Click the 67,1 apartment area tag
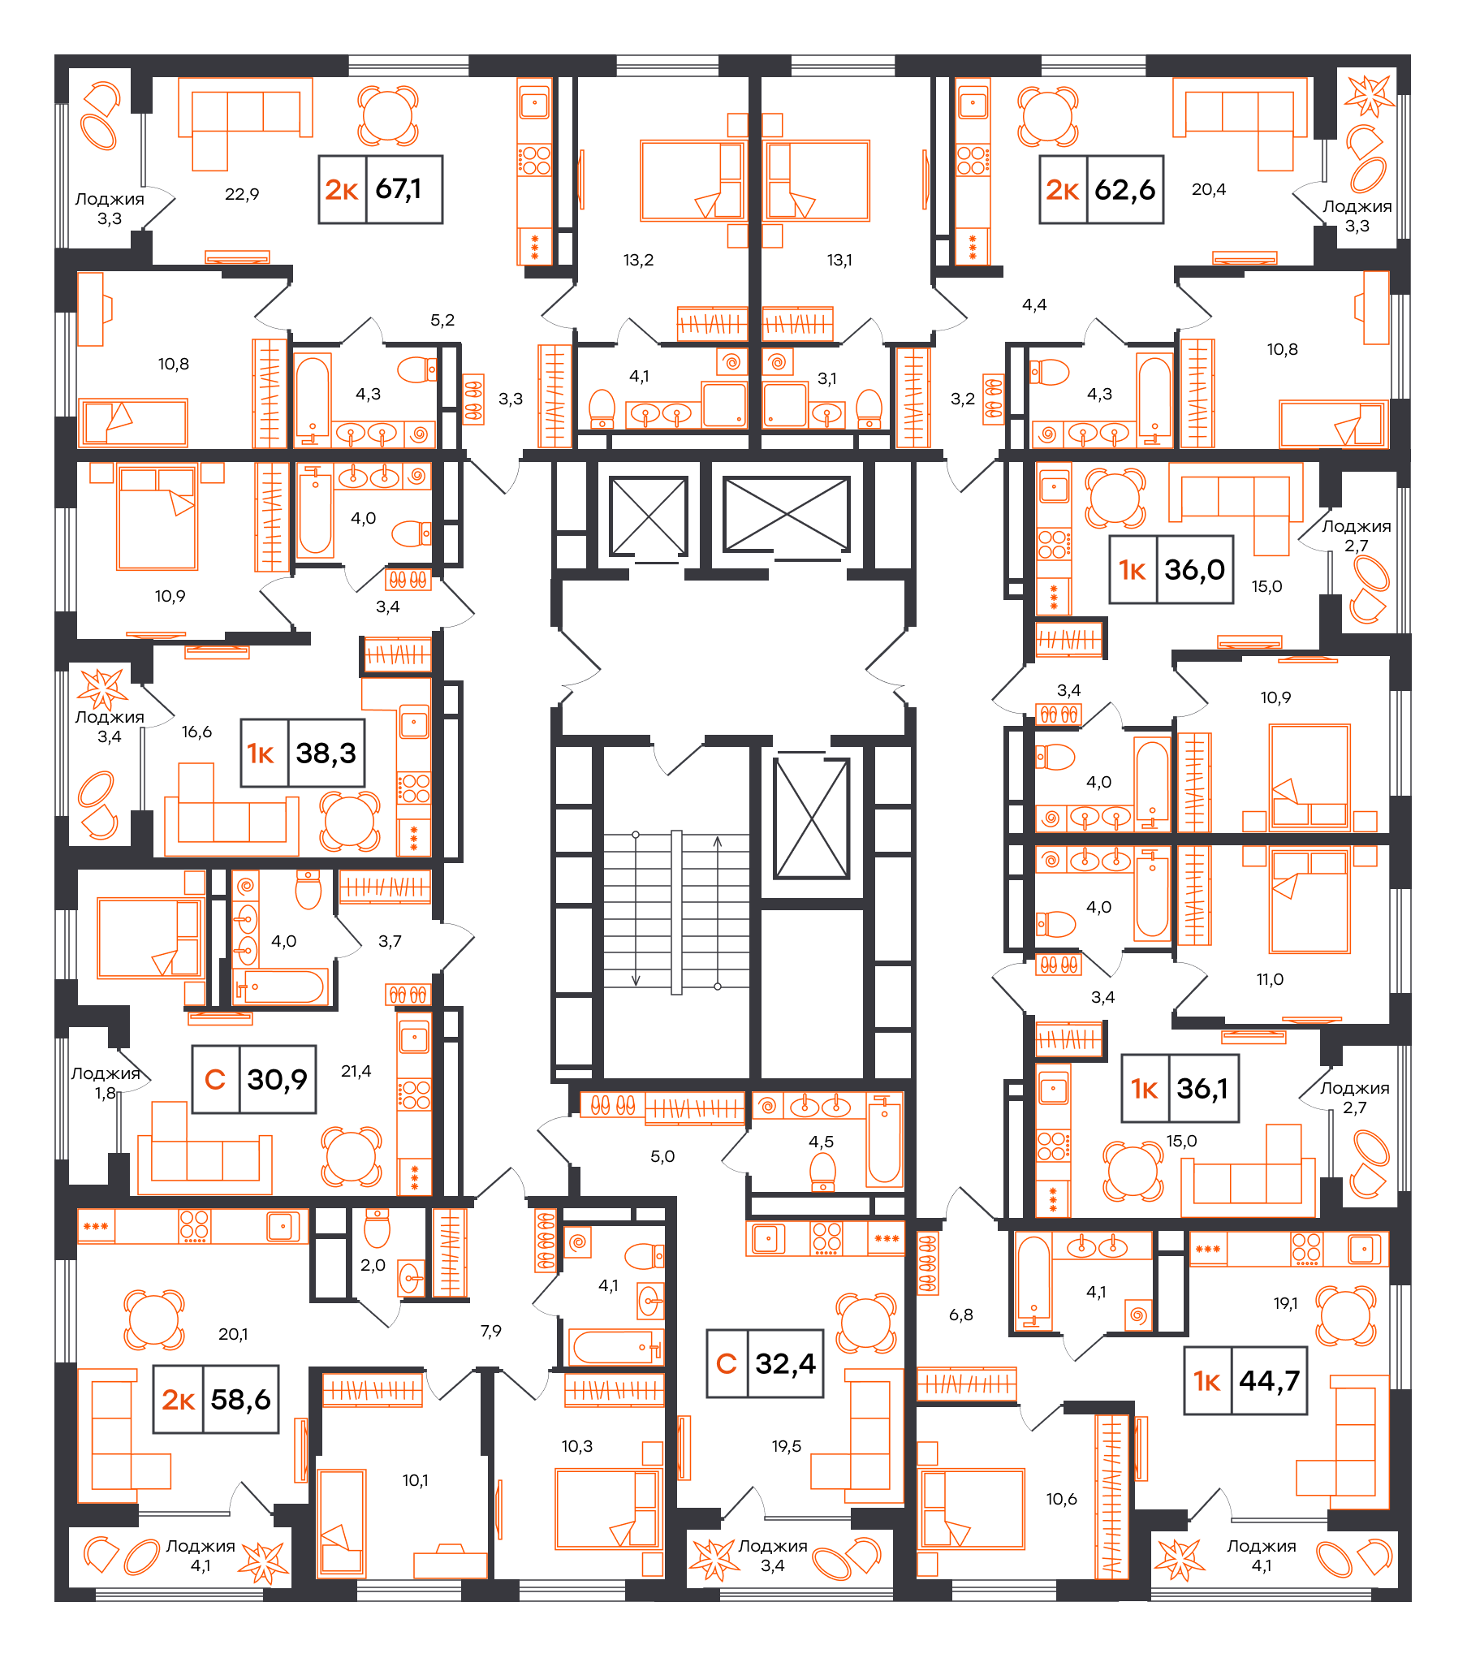point(380,189)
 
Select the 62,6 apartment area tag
point(1101,190)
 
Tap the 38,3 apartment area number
point(326,753)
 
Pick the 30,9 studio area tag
point(253,1079)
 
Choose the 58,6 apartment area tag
point(216,1399)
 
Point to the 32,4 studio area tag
point(765,1363)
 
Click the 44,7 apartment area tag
point(1245,1380)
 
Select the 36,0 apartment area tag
point(1171,569)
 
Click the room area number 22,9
point(242,194)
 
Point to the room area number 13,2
point(638,260)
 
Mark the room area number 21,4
point(356,1071)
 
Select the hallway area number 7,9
point(490,1331)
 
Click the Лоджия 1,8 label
point(106,1083)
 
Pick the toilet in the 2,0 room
point(377,1228)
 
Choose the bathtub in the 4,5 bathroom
point(884,1141)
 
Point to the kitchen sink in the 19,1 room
point(1365,1249)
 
